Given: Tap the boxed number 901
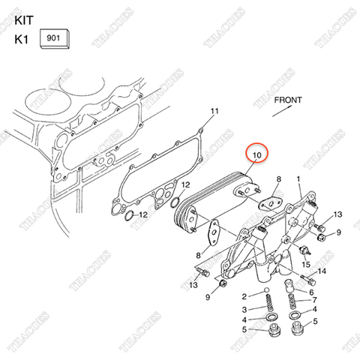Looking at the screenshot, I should pos(55,37).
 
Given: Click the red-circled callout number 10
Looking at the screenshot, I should pos(257,155).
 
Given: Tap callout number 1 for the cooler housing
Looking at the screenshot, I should pos(298,178).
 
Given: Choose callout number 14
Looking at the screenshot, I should pos(323,271).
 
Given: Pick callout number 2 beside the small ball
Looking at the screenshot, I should pos(244,297).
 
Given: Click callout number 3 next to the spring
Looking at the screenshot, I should pos(244,309).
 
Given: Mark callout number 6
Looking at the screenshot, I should pos(313,291).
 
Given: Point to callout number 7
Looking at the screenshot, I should pos(313,300).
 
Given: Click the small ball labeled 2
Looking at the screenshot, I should pos(265,292).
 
